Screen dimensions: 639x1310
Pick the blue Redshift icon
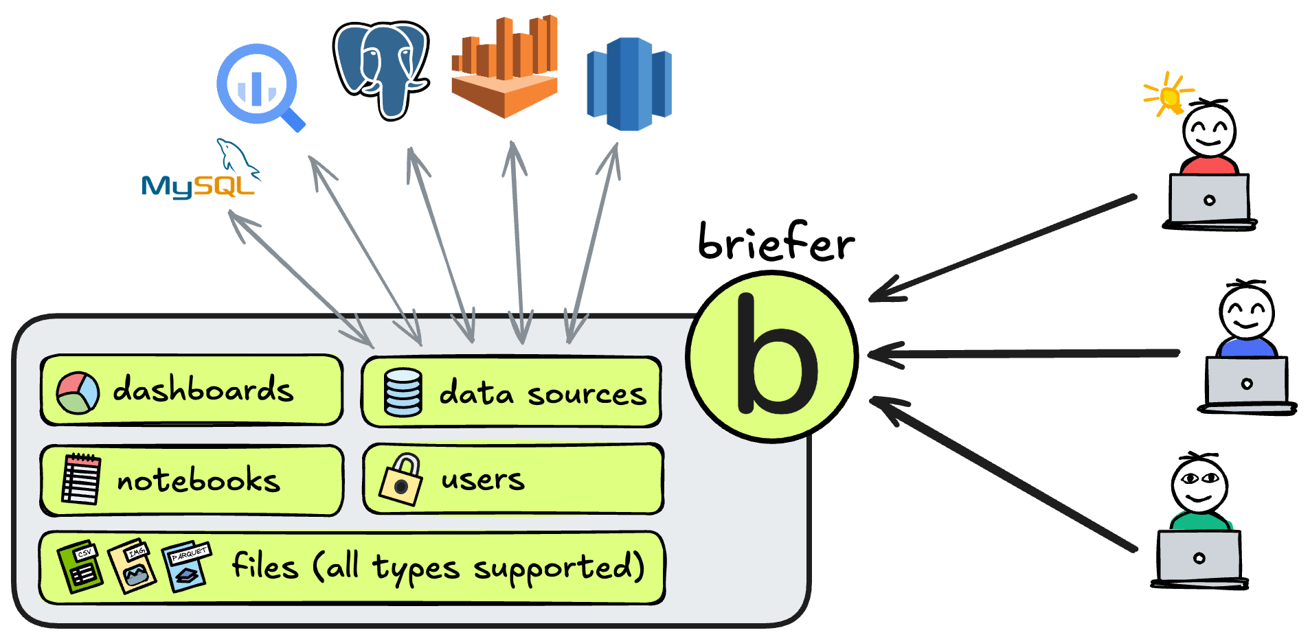tap(629, 84)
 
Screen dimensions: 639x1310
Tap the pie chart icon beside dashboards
tap(78, 393)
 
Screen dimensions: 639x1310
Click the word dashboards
tap(203, 390)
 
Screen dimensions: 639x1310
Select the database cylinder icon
tap(403, 393)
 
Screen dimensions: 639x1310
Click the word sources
tap(587, 394)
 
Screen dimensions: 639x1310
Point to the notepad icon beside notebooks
tap(81, 480)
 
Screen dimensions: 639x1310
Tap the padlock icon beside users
tap(401, 480)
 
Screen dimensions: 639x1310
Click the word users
tap(483, 479)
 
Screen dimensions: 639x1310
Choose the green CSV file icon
tap(80, 567)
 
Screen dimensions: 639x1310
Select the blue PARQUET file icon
tap(186, 566)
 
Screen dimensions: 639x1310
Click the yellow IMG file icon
tap(133, 566)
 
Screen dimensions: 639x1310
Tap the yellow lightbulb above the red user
tap(1169, 96)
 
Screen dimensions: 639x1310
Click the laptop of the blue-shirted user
tap(1246, 382)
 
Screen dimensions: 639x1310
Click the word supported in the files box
tap(558, 568)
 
